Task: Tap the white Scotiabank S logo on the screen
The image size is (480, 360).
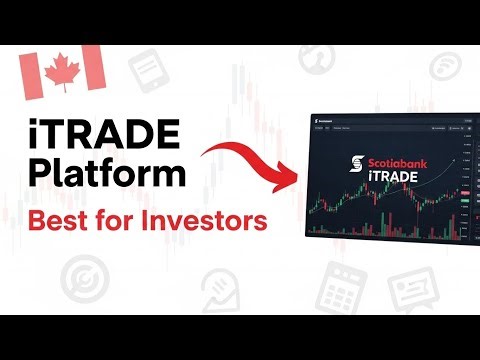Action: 348,167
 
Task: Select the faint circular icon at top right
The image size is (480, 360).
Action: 447,68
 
